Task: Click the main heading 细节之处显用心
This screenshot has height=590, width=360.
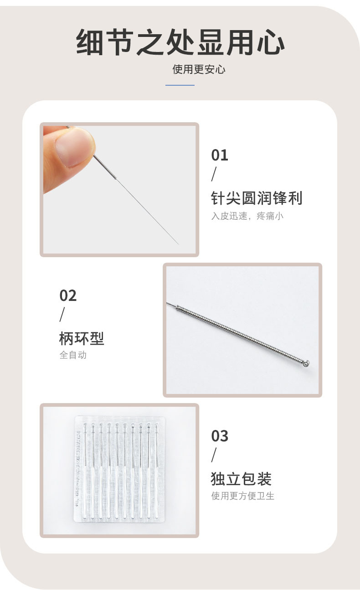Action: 180,42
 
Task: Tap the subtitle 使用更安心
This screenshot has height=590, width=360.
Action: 199,70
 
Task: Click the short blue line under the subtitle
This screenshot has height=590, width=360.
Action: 180,85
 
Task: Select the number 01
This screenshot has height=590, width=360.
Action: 220,155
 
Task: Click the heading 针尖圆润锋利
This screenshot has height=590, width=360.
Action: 257,198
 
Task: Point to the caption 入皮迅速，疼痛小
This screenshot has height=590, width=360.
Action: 247,216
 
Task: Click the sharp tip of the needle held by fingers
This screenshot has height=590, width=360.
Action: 179,244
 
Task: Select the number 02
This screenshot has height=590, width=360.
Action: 68,295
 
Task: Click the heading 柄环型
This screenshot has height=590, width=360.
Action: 82,338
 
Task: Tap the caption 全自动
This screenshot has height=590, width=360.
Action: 73,355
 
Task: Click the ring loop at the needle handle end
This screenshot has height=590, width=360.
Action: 306,364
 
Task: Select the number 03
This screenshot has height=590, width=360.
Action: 220,436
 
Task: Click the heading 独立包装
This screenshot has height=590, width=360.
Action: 241,479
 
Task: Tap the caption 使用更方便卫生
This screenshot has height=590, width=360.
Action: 242,496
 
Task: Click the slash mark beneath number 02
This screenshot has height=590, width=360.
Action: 62,315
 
